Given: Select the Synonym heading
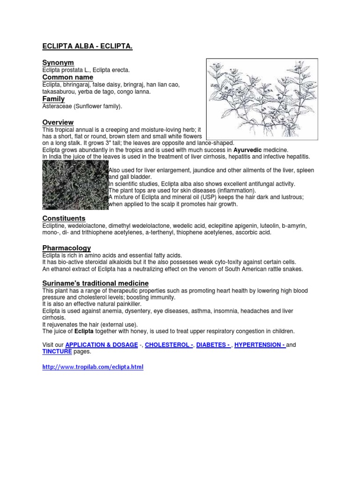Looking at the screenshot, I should [58, 62].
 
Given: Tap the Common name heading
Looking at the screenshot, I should [67, 77].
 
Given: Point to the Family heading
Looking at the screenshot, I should [53, 99].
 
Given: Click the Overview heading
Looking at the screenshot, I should [58, 122].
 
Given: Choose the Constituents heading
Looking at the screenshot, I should [64, 218].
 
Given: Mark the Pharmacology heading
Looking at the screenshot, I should [67, 247].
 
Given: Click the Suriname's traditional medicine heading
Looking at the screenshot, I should [96, 283].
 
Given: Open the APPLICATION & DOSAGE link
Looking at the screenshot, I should [102, 345].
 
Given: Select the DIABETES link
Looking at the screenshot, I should [213, 345].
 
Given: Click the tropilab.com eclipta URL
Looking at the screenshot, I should [93, 367].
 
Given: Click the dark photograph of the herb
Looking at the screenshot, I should [75, 185].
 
